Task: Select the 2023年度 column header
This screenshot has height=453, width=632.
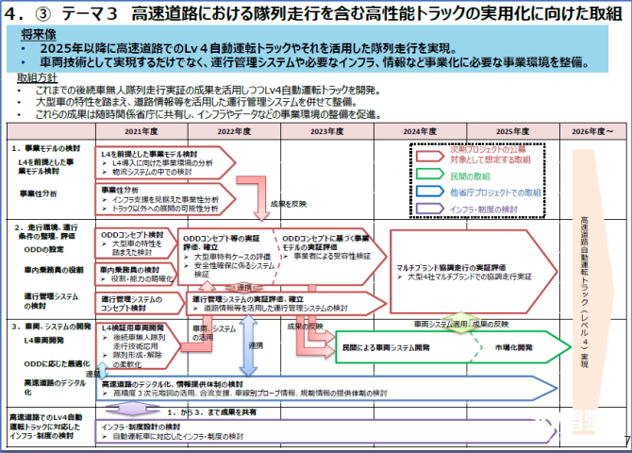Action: click(324, 132)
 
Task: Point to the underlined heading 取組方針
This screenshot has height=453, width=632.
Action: click(37, 76)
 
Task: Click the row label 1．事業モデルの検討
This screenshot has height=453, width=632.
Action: click(47, 150)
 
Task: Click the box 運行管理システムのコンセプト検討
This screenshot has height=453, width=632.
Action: click(138, 303)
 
